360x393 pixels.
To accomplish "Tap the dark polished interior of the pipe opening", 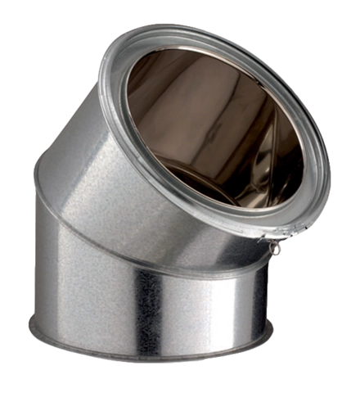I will [x=221, y=139].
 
